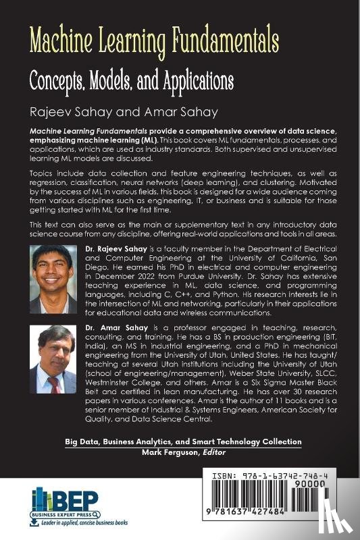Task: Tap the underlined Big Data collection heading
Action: pyautogui.click(x=183, y=441)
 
